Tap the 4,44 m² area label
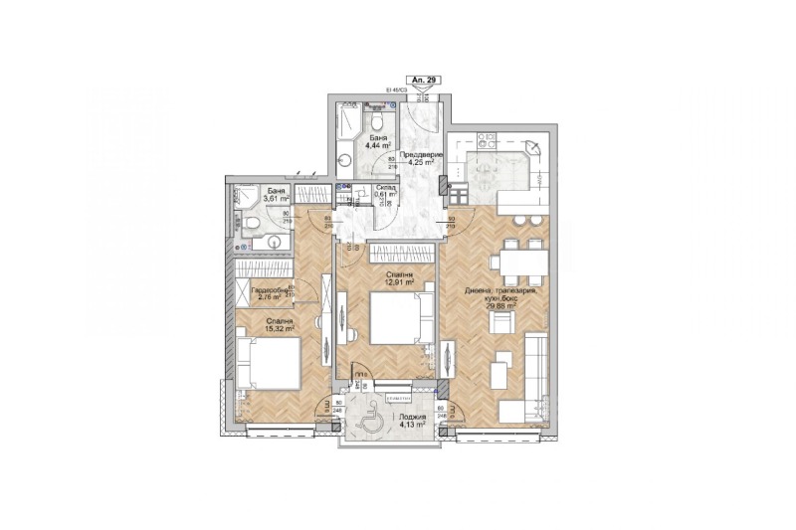pos(377,146)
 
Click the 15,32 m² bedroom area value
pos(280,330)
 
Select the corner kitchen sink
pos(532,149)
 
